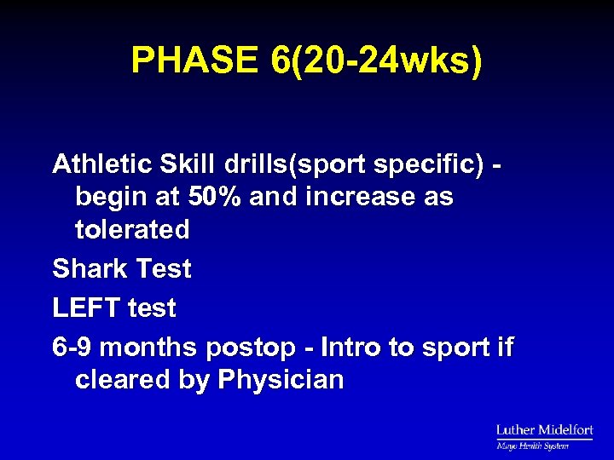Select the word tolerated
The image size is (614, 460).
[132, 229]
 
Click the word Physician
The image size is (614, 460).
[281, 380]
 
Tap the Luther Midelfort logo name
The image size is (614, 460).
[544, 430]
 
